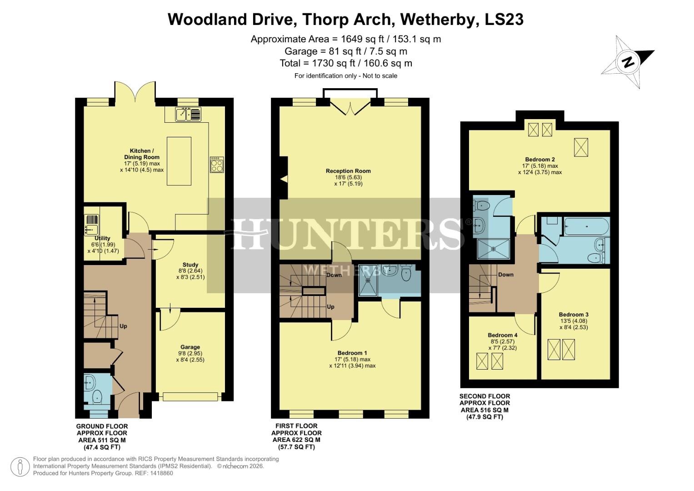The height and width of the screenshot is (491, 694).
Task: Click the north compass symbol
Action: [628, 62]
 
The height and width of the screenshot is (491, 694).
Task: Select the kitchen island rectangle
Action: [179, 161]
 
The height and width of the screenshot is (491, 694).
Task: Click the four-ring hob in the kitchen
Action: [217, 164]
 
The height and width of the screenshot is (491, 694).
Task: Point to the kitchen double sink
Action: [188, 114]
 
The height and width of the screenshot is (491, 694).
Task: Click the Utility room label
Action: [103, 238]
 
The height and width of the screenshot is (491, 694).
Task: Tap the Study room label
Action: [190, 265]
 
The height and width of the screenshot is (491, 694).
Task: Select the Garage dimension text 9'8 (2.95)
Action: [190, 353]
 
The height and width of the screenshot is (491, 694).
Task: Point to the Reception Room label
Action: [348, 171]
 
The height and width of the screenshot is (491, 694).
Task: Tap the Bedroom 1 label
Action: [352, 353]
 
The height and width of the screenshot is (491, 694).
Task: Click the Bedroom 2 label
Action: [540, 160]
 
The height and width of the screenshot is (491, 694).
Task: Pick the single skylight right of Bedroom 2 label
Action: [580, 147]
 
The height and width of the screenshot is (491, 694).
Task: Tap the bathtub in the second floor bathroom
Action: [586, 226]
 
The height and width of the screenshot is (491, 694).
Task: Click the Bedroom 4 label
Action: [503, 335]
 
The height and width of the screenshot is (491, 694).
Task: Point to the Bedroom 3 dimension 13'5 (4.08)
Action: [574, 321]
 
